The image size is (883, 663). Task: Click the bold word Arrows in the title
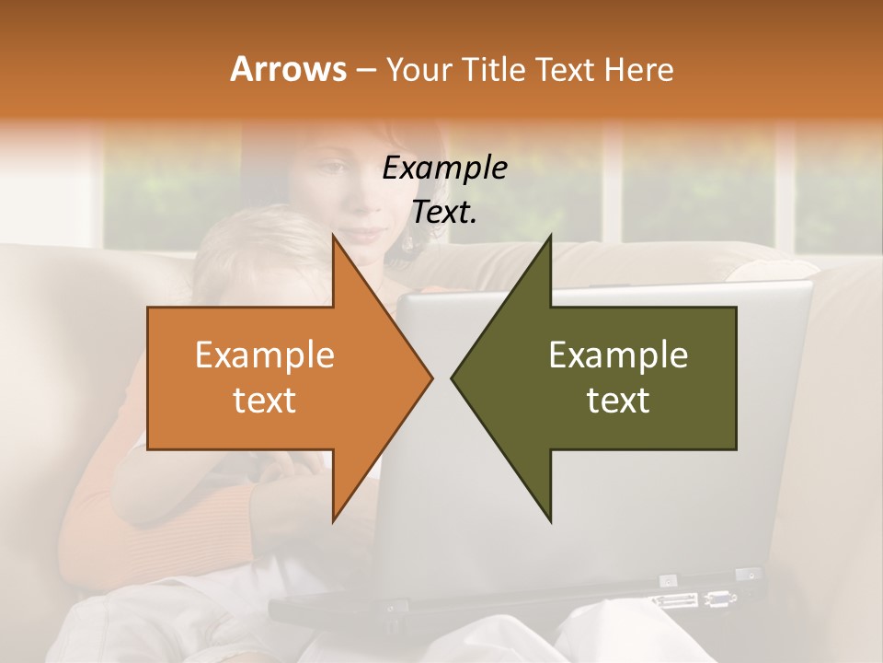click(288, 69)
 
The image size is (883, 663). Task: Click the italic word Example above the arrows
click(444, 168)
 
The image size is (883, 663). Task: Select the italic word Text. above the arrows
click(444, 212)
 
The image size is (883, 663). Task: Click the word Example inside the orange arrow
click(264, 355)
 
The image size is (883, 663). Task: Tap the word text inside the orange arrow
click(264, 401)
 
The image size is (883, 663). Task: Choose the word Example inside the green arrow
click(618, 355)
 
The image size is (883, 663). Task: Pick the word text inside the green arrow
click(618, 401)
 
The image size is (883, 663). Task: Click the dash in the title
click(365, 70)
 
